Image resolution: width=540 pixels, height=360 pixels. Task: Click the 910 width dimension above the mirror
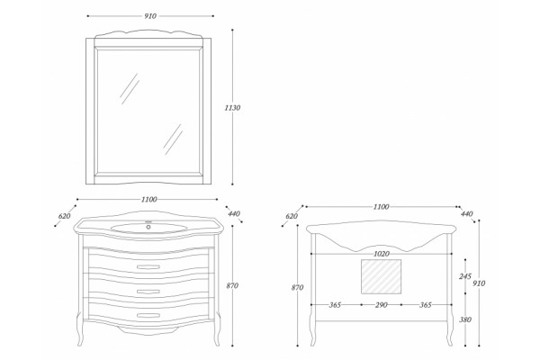point(150,16)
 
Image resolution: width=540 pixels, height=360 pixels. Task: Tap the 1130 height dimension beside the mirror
point(232,108)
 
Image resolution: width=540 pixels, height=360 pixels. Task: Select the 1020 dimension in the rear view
point(382,254)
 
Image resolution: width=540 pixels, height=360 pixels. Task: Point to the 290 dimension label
point(382,305)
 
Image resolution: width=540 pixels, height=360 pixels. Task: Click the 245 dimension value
point(465,276)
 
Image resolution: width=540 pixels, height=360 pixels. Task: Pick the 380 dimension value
point(465,319)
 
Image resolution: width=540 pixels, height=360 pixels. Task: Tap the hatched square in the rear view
point(381,276)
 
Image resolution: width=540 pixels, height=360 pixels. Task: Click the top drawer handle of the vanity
point(148,267)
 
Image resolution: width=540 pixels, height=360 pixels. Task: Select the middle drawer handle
point(148,292)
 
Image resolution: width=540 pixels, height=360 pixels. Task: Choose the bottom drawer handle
point(148,315)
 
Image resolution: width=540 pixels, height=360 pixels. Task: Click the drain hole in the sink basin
point(148,227)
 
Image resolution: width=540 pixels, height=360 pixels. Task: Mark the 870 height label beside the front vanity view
point(232,285)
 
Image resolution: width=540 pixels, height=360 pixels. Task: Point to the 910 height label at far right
point(479,283)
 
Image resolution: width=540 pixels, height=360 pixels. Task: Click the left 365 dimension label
point(335,305)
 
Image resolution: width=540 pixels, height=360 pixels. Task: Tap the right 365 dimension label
point(426,305)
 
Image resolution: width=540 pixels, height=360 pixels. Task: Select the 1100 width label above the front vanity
point(149,200)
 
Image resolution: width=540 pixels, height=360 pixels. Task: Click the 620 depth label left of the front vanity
point(65,216)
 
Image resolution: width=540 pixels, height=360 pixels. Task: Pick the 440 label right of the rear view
point(466,214)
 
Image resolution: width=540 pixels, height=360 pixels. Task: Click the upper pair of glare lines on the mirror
point(130,89)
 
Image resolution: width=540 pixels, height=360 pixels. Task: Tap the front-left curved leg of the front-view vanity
point(80,330)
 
